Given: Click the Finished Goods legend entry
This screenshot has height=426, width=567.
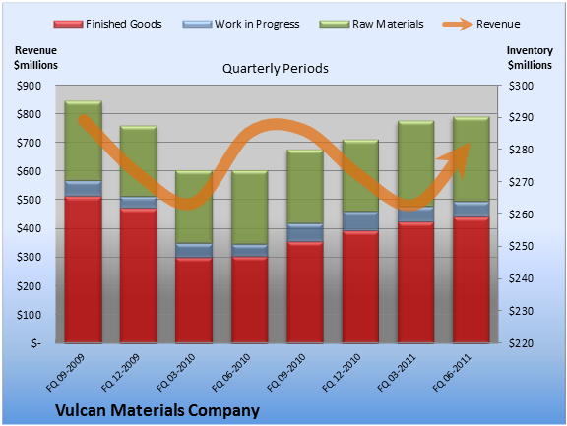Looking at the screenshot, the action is click(x=107, y=24).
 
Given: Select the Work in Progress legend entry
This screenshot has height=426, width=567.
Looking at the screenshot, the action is click(x=241, y=24).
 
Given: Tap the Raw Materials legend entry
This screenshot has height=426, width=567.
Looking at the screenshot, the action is click(x=371, y=24).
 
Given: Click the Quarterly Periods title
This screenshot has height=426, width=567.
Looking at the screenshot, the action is click(x=276, y=68).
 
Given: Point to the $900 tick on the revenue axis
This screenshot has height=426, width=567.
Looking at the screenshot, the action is click(x=29, y=86).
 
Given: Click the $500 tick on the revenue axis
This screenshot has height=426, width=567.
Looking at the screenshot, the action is click(x=29, y=200).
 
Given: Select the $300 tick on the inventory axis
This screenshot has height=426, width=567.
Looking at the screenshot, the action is click(x=521, y=86).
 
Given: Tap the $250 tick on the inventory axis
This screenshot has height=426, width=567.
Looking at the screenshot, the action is click(x=521, y=246).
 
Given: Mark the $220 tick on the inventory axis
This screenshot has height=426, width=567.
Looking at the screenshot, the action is click(x=521, y=343).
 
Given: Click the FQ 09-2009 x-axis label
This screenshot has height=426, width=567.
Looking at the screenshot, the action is click(x=65, y=373).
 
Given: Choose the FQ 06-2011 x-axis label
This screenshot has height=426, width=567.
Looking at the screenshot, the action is click(x=452, y=373).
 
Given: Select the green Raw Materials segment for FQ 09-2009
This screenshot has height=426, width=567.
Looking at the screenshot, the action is click(x=83, y=141).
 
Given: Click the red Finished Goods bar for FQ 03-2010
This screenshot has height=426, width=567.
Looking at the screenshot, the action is click(x=194, y=300).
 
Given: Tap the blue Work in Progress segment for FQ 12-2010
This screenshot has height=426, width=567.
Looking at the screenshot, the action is click(x=360, y=220).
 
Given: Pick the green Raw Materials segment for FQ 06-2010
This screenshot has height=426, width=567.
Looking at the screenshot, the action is click(x=249, y=208).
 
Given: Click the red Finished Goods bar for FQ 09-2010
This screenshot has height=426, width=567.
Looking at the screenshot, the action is click(x=305, y=292).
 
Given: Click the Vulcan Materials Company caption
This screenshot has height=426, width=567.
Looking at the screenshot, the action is click(x=157, y=411).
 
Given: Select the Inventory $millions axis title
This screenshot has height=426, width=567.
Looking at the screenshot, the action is click(x=530, y=58).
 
